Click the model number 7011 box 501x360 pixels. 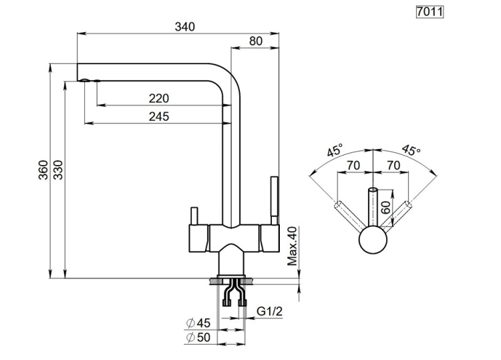[x=430, y=11]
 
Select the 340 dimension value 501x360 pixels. [x=184, y=27]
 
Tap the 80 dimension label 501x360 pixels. [x=255, y=41]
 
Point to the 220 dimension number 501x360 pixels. [x=158, y=98]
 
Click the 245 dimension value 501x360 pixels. [x=158, y=116]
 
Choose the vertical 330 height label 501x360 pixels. [x=58, y=170]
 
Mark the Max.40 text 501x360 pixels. [x=291, y=246]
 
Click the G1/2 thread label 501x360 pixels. [x=270, y=312]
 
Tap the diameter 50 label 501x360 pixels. [x=198, y=337]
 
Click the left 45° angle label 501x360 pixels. [x=335, y=151]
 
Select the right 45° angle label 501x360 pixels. [x=411, y=151]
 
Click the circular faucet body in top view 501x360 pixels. [x=373, y=239]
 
